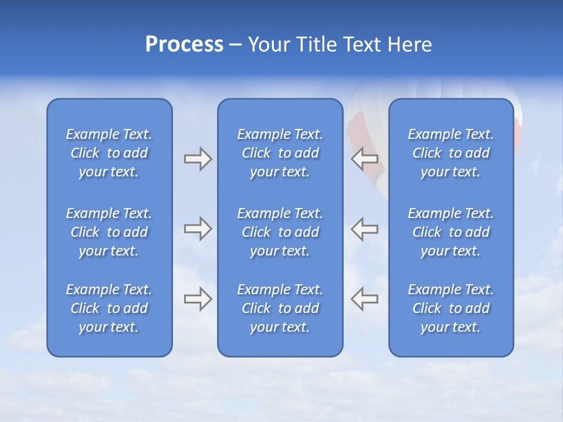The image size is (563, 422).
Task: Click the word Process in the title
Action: tap(184, 45)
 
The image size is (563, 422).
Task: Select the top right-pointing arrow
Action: tap(198, 159)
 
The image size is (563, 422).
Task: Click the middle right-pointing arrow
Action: tap(198, 229)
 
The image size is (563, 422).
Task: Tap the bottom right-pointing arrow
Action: tap(198, 299)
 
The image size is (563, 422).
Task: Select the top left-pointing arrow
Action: tap(365, 158)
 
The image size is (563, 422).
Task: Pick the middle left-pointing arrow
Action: tap(365, 229)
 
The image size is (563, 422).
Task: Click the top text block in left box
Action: tap(109, 153)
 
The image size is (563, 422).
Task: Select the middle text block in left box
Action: tap(109, 232)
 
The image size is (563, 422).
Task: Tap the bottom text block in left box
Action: tap(109, 308)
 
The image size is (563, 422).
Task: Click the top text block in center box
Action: tap(280, 153)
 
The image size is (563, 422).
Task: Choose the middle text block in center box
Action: tap(280, 232)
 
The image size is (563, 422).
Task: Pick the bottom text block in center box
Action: tap(280, 308)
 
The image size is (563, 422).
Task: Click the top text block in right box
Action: tap(451, 153)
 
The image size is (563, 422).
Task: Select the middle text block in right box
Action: tap(451, 232)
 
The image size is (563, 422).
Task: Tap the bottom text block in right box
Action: tap(451, 308)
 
